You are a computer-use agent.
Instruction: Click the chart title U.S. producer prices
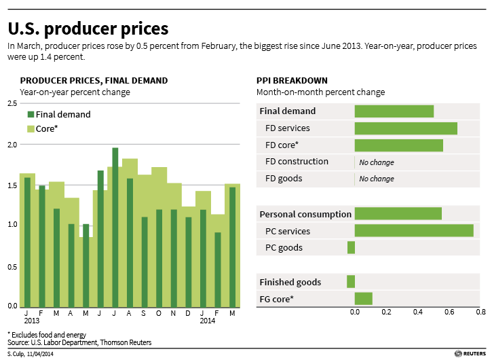click(x=88, y=29)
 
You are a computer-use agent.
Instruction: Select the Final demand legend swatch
click(x=31, y=115)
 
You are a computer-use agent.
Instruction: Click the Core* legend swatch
click(x=31, y=128)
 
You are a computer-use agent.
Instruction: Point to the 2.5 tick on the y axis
click(x=12, y=103)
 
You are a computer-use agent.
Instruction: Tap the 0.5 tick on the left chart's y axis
click(x=12, y=266)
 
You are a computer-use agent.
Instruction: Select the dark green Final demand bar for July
click(x=115, y=227)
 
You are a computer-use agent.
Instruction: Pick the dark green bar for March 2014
click(x=232, y=247)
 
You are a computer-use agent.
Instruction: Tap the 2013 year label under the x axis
click(x=31, y=321)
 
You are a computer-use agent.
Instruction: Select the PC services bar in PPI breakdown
click(x=414, y=230)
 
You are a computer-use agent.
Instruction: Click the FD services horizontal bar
click(x=406, y=128)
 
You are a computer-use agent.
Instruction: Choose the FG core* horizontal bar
click(x=364, y=298)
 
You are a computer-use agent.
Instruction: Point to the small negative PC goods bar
click(x=351, y=247)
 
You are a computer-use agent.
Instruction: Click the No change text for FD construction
click(x=377, y=162)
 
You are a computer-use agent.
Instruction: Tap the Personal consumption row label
click(x=305, y=214)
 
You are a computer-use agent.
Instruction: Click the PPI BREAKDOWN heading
click(x=292, y=80)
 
